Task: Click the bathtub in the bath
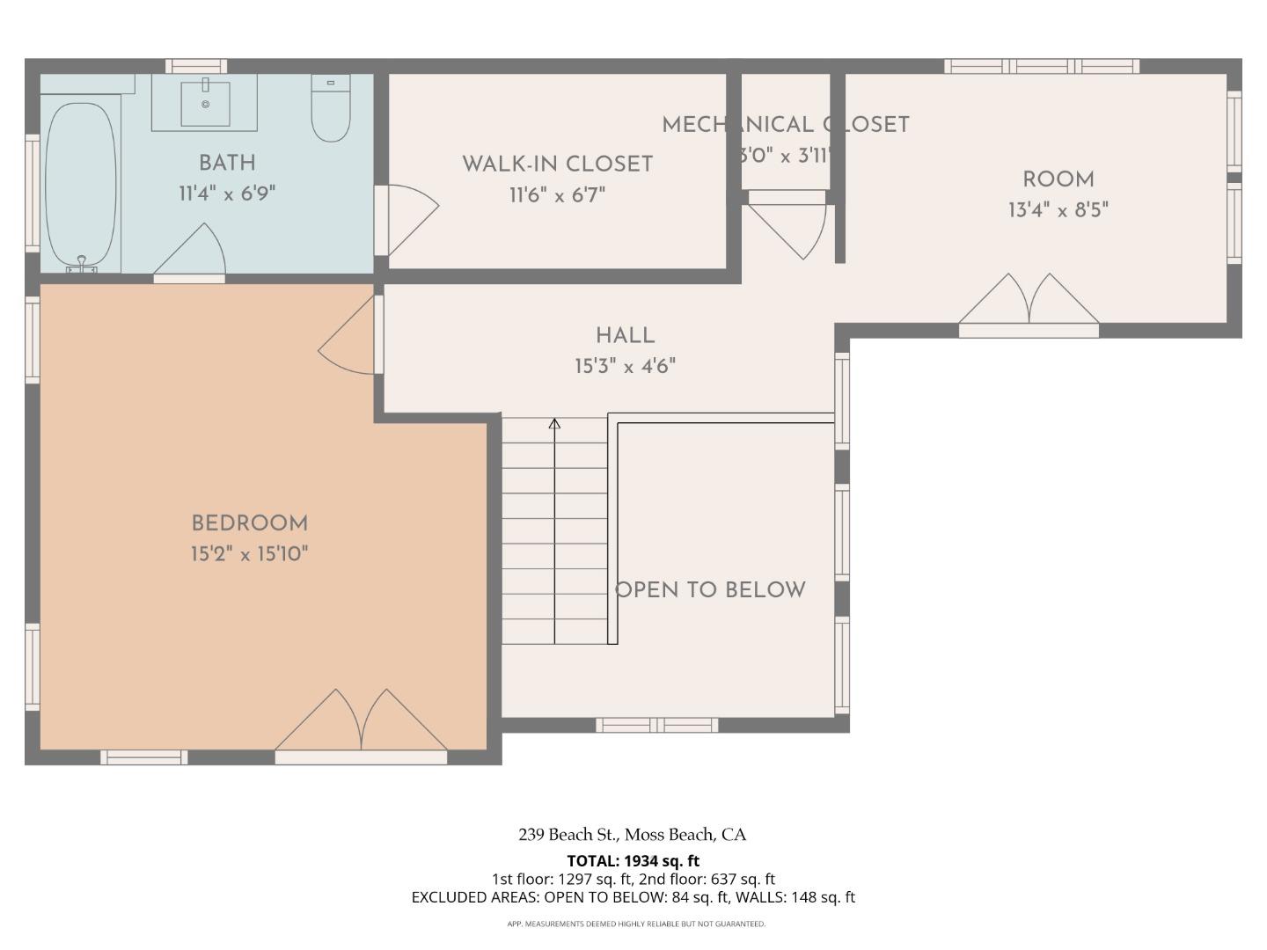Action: (80, 185)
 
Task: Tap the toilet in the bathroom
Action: (331, 109)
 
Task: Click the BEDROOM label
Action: (250, 523)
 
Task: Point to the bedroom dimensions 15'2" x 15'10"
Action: (250, 554)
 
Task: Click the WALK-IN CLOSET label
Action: (557, 164)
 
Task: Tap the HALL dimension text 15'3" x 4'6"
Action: (625, 366)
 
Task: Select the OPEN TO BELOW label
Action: (710, 590)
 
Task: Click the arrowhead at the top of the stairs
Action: (554, 425)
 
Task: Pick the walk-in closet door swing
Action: (409, 218)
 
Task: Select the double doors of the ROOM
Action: (1029, 303)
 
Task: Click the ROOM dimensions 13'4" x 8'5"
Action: (1058, 210)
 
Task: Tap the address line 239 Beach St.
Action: (632, 835)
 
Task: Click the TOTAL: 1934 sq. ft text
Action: (633, 860)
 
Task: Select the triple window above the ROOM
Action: (1042, 66)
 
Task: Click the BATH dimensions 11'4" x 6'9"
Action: (227, 194)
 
